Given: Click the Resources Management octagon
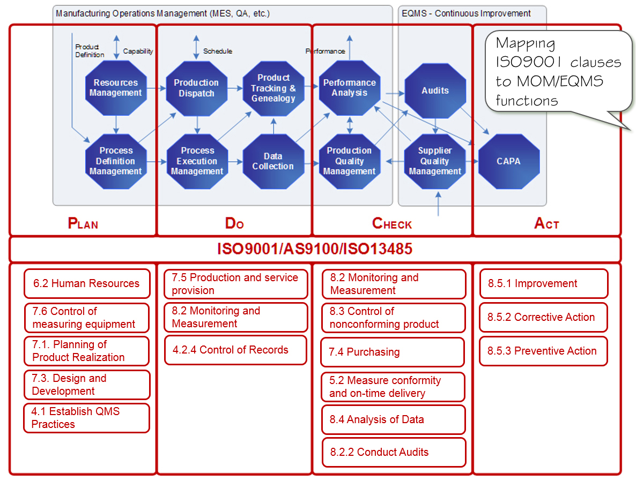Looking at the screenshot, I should click(116, 88).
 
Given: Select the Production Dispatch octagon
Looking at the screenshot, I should click(196, 88).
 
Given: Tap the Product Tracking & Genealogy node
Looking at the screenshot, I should click(273, 88).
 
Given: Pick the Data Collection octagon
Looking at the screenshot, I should click(273, 161).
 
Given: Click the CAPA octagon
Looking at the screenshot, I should click(508, 161).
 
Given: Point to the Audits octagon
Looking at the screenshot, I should click(435, 91).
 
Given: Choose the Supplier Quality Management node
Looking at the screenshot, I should click(435, 161).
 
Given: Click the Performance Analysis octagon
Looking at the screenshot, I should click(349, 88).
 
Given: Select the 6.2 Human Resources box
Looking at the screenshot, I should click(86, 284).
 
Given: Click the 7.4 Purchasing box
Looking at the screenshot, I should click(393, 352).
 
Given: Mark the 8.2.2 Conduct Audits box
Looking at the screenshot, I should click(394, 453).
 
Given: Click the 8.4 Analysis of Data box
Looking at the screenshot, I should click(394, 419).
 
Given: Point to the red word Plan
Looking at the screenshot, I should click(83, 223).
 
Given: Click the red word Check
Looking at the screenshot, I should click(392, 223).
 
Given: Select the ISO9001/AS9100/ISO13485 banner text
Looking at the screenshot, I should click(315, 250).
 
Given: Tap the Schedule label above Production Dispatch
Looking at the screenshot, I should click(218, 51).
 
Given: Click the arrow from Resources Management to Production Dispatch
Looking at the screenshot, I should click(156, 88).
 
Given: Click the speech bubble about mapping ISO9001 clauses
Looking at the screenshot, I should click(558, 72).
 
